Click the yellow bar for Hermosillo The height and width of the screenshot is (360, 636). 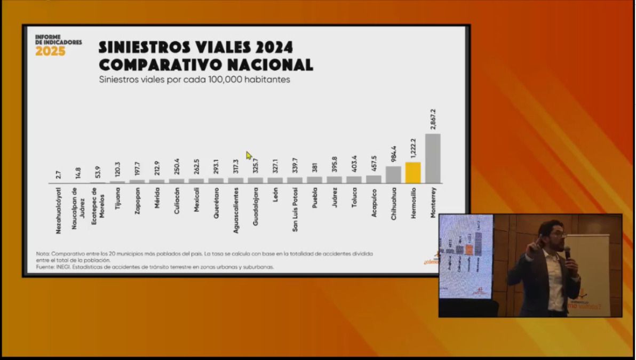click(x=413, y=173)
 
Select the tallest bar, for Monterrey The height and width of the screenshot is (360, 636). click(x=433, y=158)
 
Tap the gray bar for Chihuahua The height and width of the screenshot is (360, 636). click(x=393, y=174)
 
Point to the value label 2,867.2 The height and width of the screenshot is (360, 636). click(x=433, y=118)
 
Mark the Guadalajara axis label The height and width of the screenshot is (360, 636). click(x=256, y=205)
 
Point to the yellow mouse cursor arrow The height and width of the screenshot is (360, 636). click(x=249, y=155)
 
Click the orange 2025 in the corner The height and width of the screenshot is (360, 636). click(x=50, y=52)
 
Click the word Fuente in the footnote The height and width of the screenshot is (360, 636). click(x=45, y=267)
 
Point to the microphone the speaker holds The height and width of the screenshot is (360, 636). click(x=567, y=252)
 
